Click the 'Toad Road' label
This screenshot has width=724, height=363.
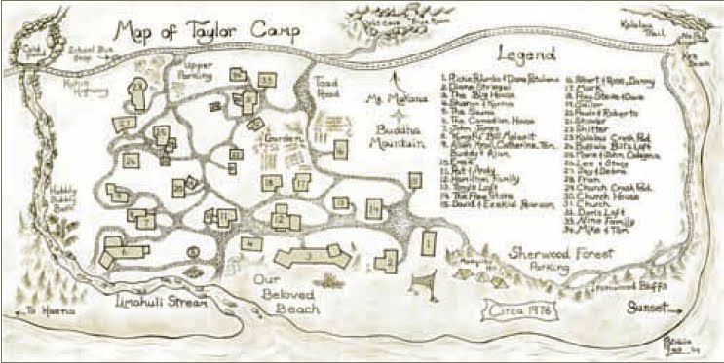tap(326, 91)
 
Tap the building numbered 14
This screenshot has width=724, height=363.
tap(373, 207)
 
